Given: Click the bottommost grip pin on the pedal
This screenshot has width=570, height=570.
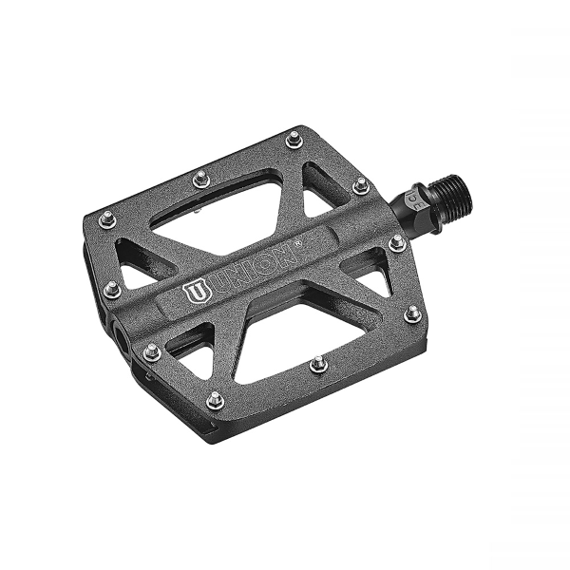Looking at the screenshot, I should tap(216, 400).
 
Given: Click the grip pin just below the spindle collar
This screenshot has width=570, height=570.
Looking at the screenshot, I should tap(397, 243).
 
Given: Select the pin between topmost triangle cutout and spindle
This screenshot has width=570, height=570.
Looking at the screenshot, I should tap(360, 186).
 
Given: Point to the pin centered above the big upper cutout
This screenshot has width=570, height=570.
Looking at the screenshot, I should tap(200, 178).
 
